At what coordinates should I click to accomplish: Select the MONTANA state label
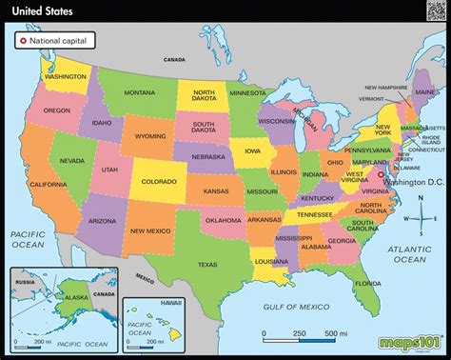coord(140,91)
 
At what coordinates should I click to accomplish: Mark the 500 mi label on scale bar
coord(330,333)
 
